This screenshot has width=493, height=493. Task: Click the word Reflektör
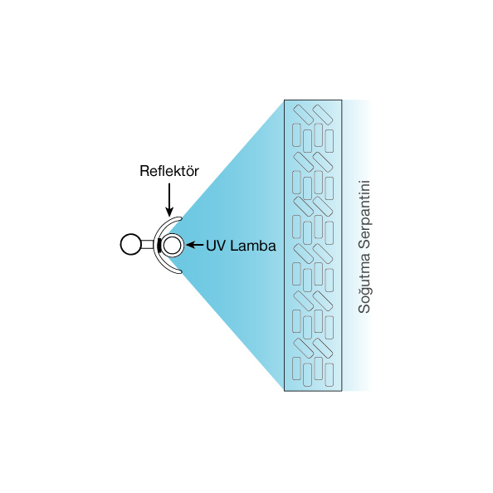coord(169,171)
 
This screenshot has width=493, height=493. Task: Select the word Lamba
coord(253,246)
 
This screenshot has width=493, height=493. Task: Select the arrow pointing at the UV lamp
coord(195,245)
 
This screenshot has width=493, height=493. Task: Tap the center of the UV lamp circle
coord(173,245)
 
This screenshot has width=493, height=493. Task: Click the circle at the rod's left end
coord(131,244)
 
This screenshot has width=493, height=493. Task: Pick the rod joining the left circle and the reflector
coord(148,244)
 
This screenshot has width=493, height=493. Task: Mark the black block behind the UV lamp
coord(159,246)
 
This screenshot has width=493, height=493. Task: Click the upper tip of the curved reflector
coord(180,218)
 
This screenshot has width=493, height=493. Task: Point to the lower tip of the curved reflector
coord(180,271)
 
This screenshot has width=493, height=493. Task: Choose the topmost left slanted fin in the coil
coord(304,115)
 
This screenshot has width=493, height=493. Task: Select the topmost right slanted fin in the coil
coord(323,115)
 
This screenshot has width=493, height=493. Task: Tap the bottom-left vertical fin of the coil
coord(296,369)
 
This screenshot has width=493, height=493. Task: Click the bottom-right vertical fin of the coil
coord(329,375)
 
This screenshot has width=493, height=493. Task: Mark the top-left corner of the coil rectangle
coord(284,100)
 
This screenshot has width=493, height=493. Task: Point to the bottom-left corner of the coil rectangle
coord(284,391)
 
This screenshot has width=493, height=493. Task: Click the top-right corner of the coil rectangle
coord(342,100)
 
